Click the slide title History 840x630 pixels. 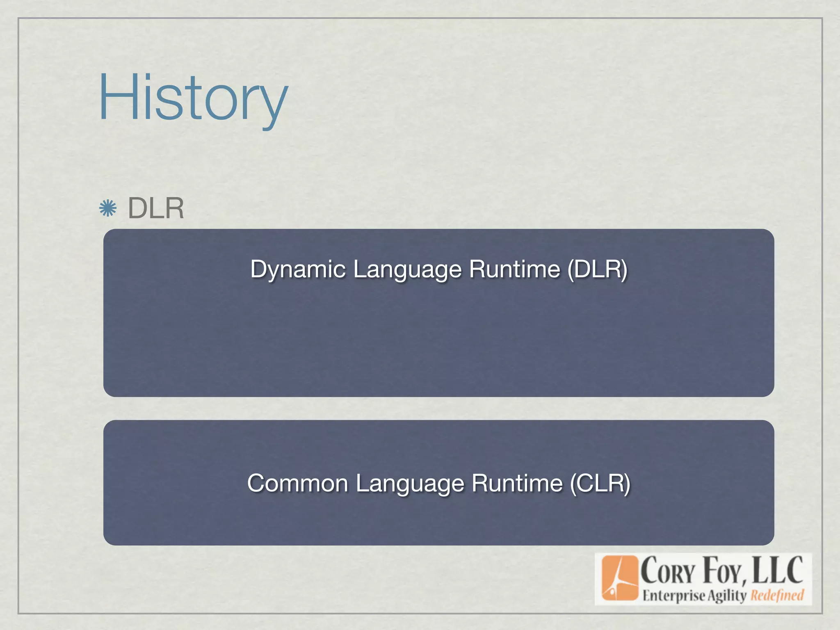(193, 98)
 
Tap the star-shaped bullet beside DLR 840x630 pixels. (108, 208)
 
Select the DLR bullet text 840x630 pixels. (156, 208)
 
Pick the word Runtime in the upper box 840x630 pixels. (514, 269)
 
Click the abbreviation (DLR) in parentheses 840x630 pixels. (598, 269)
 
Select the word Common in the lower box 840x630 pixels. (298, 483)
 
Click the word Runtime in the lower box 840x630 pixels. (517, 483)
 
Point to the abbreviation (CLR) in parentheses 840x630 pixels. (600, 483)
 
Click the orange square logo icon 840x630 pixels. (620, 577)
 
